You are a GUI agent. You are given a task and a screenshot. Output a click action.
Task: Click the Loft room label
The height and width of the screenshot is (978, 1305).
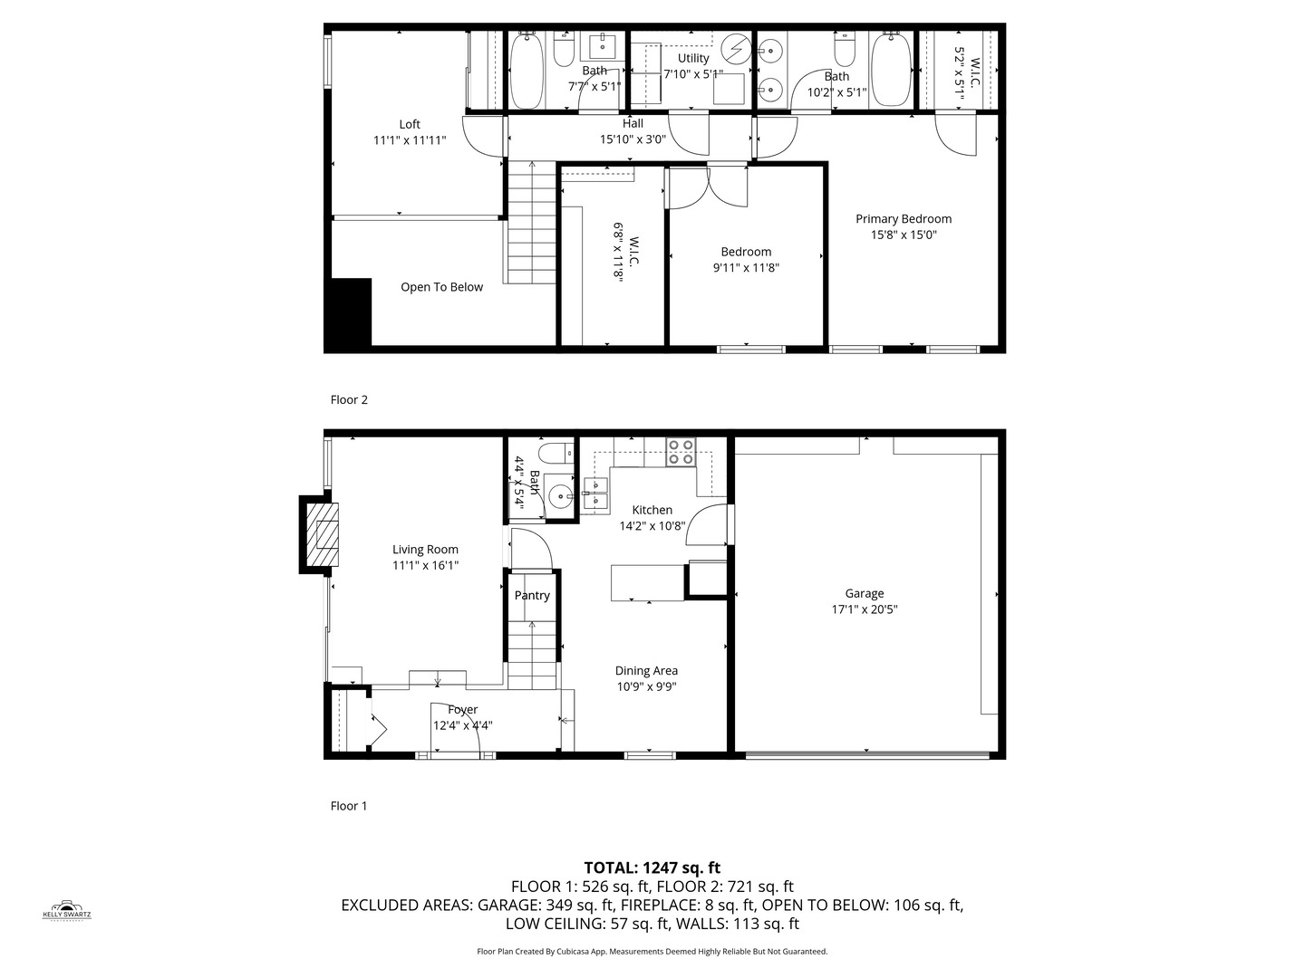point(409,124)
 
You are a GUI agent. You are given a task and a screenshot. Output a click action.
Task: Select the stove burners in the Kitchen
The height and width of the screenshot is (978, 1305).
point(681,452)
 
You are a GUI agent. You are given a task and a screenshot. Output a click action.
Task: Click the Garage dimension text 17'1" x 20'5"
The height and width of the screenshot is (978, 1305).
point(864,609)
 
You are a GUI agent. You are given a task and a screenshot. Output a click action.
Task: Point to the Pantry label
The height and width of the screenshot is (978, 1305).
point(531,595)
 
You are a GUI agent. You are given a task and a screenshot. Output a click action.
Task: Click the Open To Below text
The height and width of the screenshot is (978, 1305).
point(441,287)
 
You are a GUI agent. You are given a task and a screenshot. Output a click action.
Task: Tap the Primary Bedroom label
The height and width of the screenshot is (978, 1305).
point(904,218)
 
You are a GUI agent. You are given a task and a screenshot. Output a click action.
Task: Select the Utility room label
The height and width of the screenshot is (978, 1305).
point(693,58)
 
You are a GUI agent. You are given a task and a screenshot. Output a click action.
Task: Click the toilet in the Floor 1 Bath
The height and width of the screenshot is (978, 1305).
point(556,452)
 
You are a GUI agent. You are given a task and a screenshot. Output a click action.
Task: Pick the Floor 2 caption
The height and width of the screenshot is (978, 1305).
point(349,399)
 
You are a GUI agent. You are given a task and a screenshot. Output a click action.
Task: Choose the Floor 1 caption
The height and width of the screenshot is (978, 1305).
point(349,806)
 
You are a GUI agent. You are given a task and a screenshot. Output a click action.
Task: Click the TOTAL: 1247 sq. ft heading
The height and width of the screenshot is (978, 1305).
point(652,868)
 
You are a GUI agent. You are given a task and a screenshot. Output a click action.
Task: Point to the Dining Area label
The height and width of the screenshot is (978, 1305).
point(646,670)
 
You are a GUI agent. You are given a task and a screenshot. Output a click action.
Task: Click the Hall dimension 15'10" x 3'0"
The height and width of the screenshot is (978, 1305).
point(633,139)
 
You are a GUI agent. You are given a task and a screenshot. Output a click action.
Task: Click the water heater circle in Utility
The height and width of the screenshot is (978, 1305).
point(737,48)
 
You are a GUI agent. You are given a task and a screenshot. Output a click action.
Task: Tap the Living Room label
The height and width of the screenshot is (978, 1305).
point(425,550)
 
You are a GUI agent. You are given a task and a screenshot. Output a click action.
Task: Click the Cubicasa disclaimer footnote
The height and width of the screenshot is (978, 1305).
point(652,951)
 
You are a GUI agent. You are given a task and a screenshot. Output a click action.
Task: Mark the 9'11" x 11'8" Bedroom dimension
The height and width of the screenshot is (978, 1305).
point(746,267)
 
